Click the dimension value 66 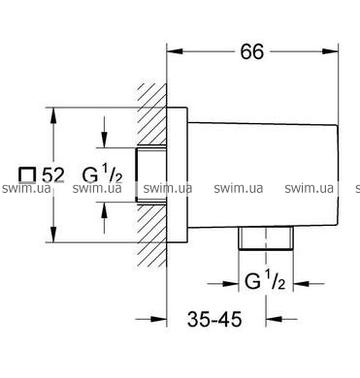tap(252, 51)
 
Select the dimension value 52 tap(53, 175)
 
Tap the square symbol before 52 tap(27, 175)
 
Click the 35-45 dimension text tap(214, 319)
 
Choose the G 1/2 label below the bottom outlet tap(265, 280)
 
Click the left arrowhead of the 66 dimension tap(175, 51)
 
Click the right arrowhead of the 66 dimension tap(330, 51)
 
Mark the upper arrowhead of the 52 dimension tap(53, 115)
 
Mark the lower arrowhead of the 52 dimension tap(53, 235)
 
